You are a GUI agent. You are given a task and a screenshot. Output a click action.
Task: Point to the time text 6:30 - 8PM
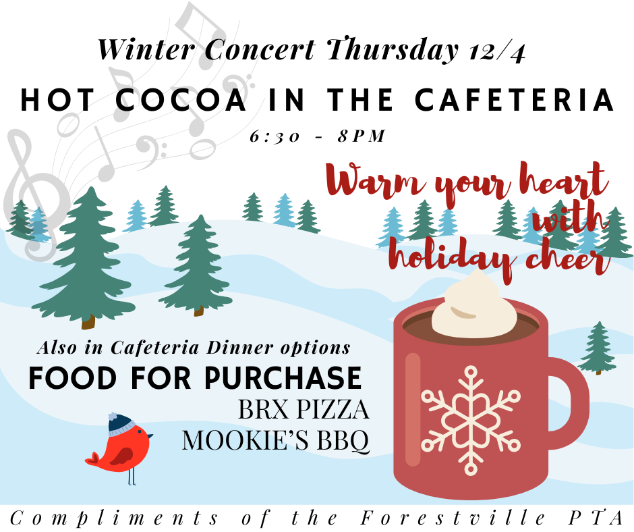[x=317, y=137]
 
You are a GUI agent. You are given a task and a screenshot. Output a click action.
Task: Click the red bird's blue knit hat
[x=121, y=424]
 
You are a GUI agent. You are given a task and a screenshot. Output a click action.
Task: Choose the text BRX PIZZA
[x=303, y=410]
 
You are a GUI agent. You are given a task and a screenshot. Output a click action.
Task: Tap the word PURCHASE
[x=286, y=378]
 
